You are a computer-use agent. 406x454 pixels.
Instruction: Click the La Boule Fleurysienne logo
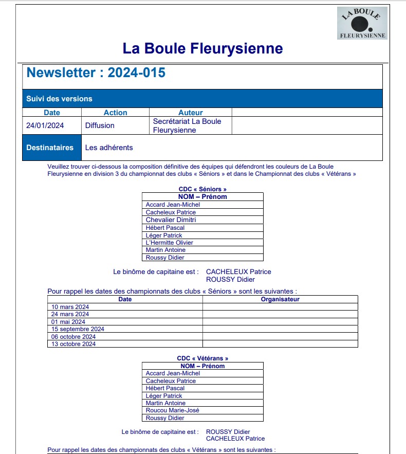pos(362,23)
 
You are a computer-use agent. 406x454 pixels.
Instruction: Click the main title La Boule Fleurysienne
pos(202,49)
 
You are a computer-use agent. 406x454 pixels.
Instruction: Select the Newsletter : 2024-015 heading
pos(96,72)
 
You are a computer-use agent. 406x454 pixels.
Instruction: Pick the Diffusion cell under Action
pos(100,125)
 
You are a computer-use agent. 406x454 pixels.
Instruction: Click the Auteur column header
pos(190,113)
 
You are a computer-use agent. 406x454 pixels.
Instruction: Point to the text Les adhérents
pos(109,148)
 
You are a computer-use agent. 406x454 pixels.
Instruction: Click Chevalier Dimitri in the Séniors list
pos(171,220)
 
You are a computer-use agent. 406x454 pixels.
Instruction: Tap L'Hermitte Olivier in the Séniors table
pos(170,243)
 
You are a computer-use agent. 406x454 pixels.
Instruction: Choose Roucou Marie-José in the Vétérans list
pos(172,410)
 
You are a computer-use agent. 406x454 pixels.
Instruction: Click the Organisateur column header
pos(280,299)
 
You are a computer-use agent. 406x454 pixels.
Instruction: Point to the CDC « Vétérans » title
pos(202,358)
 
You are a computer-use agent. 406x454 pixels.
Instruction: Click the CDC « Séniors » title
pos(202,189)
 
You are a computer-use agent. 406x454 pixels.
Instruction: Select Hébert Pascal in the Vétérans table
pos(165,388)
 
